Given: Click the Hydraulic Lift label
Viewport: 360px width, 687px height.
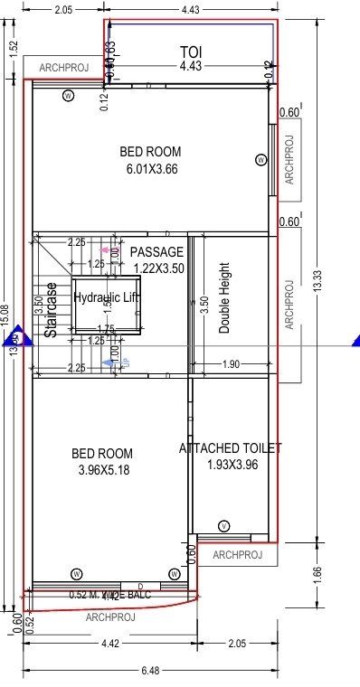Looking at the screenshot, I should (108, 297).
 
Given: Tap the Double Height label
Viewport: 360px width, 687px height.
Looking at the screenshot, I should (224, 299).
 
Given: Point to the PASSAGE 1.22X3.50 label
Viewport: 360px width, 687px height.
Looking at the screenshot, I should (157, 259).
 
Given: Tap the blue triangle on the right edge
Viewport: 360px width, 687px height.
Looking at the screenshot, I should (355, 340).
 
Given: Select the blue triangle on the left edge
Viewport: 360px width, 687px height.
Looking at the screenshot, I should (14, 340).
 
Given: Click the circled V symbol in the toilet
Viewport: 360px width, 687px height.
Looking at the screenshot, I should (223, 526).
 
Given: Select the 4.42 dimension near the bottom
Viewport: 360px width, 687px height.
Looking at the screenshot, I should (108, 644).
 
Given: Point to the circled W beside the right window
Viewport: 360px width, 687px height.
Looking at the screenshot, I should (261, 160).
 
